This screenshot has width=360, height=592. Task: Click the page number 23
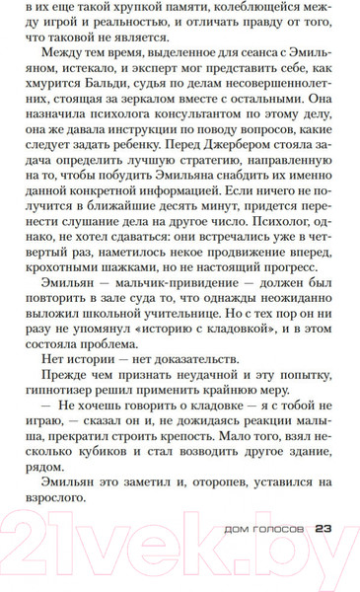coord(326,554)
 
